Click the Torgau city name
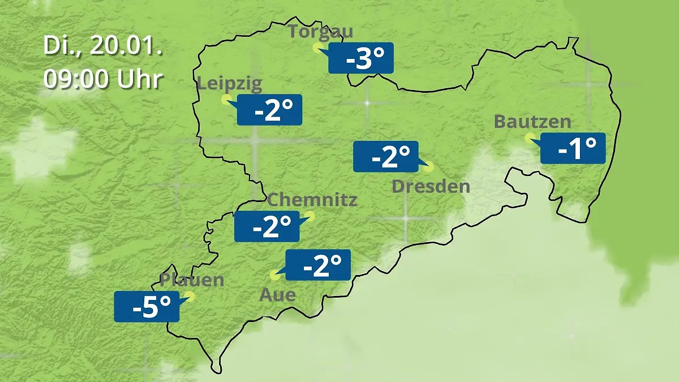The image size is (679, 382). coord(320,31)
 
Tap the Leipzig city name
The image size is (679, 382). coord(230,84)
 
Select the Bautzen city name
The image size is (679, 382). coord(532,122)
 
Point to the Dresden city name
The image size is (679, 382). coord(431,186)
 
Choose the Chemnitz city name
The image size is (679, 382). coord(312,200)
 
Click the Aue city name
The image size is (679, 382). coord(277,295)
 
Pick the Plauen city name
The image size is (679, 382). coord(192,280)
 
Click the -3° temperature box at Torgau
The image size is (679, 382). coord(361,58)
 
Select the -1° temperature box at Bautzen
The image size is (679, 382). coord(573,148)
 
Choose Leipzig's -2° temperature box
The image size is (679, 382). coord(269,110)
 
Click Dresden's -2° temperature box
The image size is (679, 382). coord(386,156)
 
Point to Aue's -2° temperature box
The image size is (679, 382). coord(318,265)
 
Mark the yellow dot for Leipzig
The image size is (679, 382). coord(226,100)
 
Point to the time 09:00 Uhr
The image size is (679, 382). coord(103,80)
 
